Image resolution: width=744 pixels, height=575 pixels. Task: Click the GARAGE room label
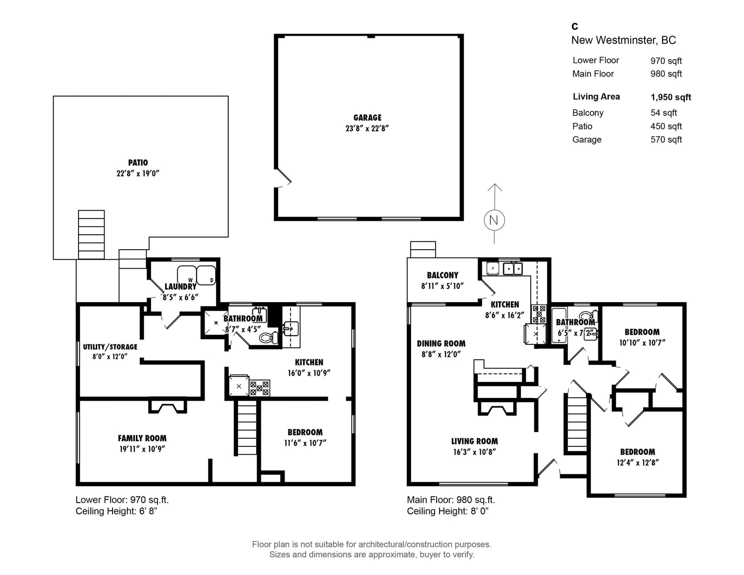(x=367, y=118)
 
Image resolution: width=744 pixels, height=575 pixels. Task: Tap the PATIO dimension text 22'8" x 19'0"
(x=138, y=173)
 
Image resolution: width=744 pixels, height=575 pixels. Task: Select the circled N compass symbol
(x=494, y=220)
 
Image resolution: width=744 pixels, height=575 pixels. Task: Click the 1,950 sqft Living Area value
(x=671, y=97)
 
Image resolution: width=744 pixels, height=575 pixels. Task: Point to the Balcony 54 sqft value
(x=664, y=112)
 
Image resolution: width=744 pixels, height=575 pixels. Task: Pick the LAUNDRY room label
(x=180, y=286)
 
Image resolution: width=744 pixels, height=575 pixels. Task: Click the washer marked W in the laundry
(x=187, y=275)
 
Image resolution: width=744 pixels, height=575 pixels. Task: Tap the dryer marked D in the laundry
(x=206, y=275)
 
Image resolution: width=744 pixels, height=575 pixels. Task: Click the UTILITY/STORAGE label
(x=110, y=347)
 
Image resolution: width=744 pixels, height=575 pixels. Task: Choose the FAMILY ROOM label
(x=142, y=438)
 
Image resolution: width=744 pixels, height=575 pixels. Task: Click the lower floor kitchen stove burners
(x=259, y=388)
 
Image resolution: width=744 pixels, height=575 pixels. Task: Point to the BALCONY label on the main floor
(x=442, y=275)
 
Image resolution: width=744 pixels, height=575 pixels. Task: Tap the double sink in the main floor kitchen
(x=512, y=269)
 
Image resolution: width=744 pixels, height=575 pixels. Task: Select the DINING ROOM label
(x=441, y=344)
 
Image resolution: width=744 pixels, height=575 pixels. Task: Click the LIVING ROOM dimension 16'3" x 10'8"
(x=475, y=452)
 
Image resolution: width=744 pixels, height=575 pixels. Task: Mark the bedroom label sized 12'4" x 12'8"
(x=638, y=452)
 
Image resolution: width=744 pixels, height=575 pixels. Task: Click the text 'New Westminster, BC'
(x=624, y=40)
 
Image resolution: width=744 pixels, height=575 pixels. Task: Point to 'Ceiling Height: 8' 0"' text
(x=447, y=511)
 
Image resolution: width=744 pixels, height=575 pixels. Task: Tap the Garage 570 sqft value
(x=666, y=139)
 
